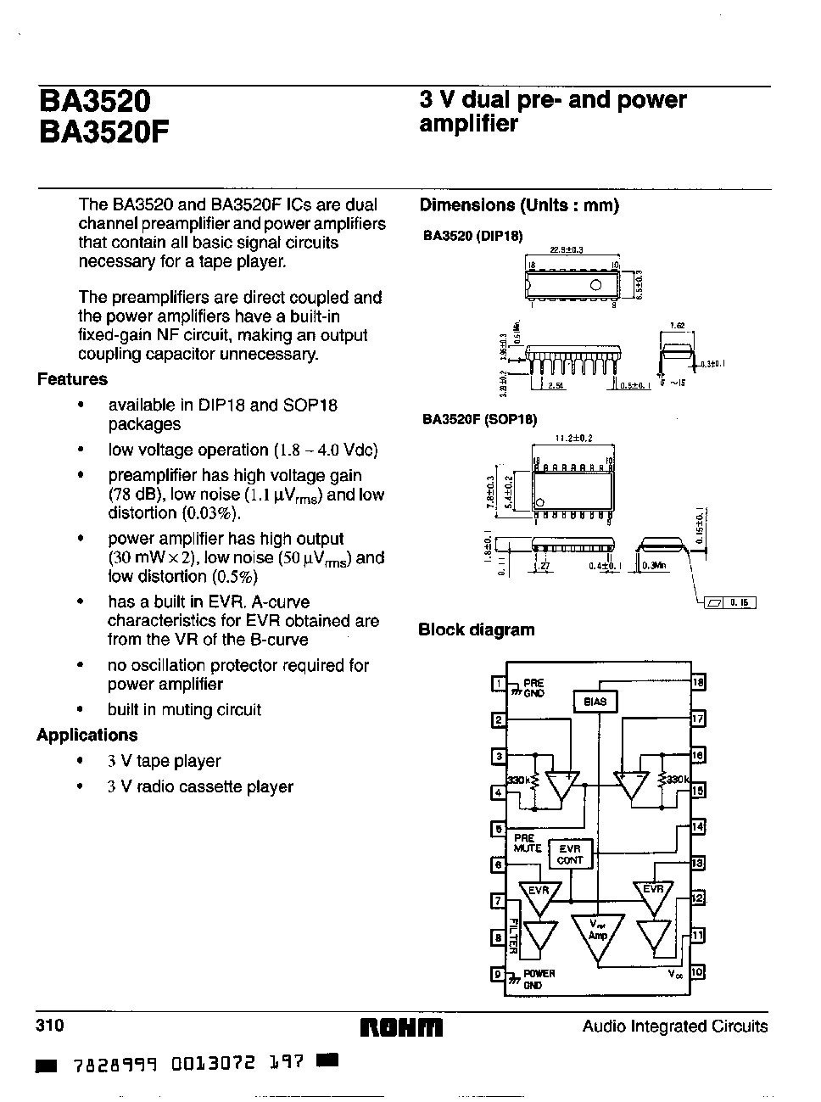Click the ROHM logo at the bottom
point(402,1027)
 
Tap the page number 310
point(50,1026)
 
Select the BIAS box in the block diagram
point(595,702)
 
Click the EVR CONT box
point(570,854)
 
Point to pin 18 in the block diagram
point(699,682)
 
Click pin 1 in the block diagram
point(500,684)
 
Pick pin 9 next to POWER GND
point(499,974)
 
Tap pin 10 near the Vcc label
point(698,972)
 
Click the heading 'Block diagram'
point(477,629)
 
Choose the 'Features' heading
point(72,379)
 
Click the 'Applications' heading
point(87,735)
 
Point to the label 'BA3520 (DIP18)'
point(473,235)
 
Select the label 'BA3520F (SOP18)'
point(480,419)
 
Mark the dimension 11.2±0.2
point(573,439)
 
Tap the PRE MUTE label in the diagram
point(527,842)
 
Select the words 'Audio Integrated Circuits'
point(674,1026)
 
